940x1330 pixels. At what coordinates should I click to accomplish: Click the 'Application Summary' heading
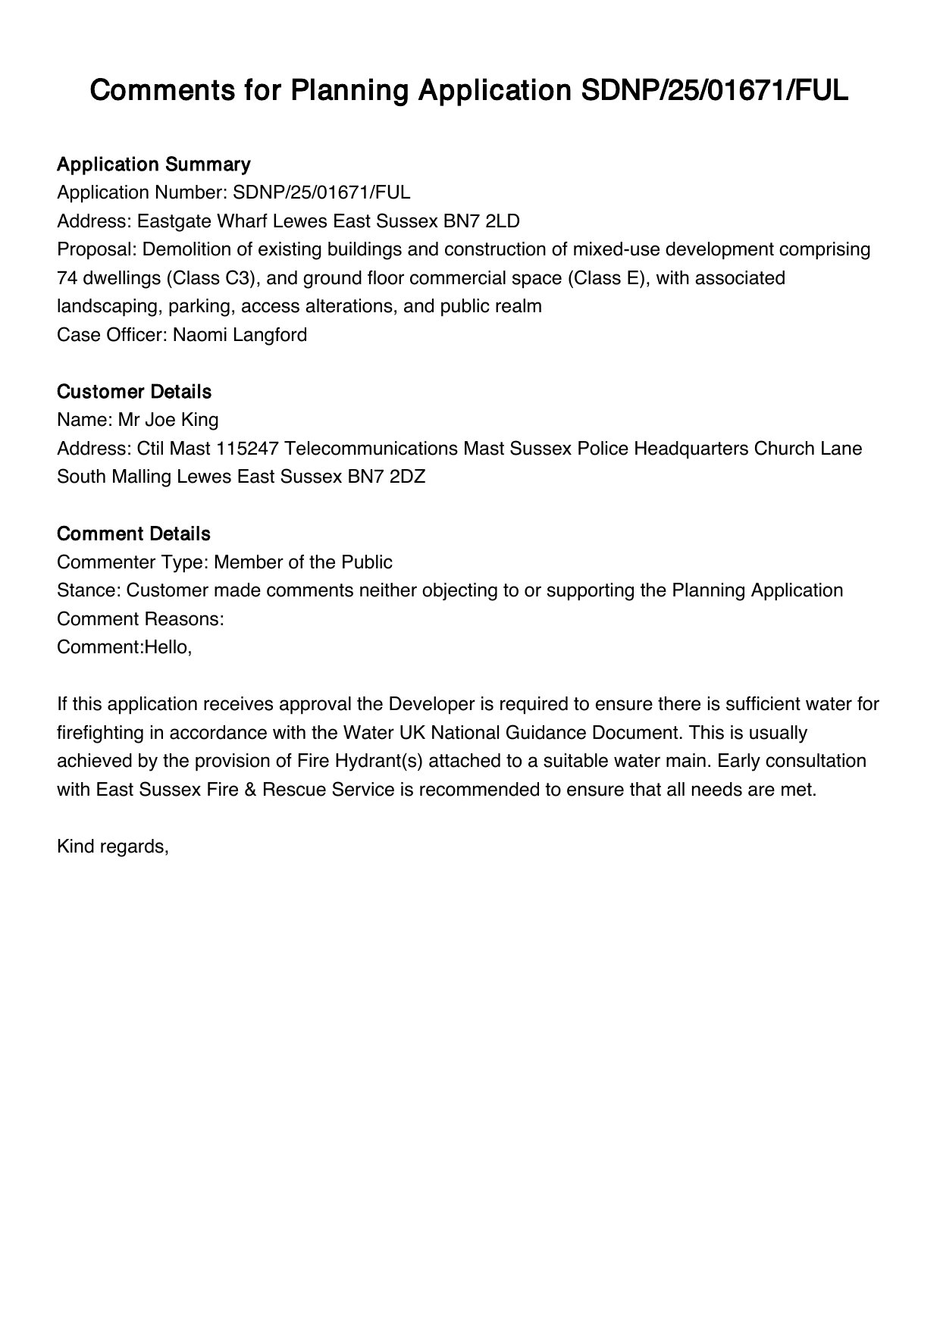153,164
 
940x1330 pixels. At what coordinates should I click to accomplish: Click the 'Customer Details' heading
133,392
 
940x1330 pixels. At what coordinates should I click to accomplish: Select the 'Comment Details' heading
133,534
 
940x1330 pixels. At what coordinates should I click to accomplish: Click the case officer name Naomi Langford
240,335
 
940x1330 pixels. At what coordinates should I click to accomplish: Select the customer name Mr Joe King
168,420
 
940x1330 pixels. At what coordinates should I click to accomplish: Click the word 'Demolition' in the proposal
186,249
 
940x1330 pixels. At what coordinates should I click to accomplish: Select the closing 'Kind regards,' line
112,847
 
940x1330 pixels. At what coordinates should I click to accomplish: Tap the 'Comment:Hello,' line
124,648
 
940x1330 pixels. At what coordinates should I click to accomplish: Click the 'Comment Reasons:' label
140,619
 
